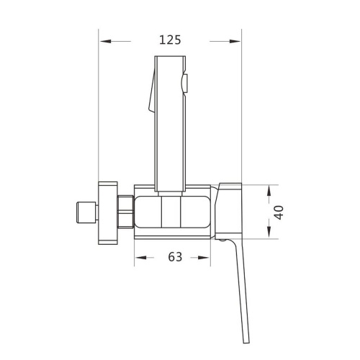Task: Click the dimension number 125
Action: (x=170, y=40)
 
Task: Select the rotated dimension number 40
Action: (x=279, y=212)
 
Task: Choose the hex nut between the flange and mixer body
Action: (x=125, y=212)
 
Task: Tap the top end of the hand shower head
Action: (x=170, y=58)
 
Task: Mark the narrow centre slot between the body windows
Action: (x=170, y=212)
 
